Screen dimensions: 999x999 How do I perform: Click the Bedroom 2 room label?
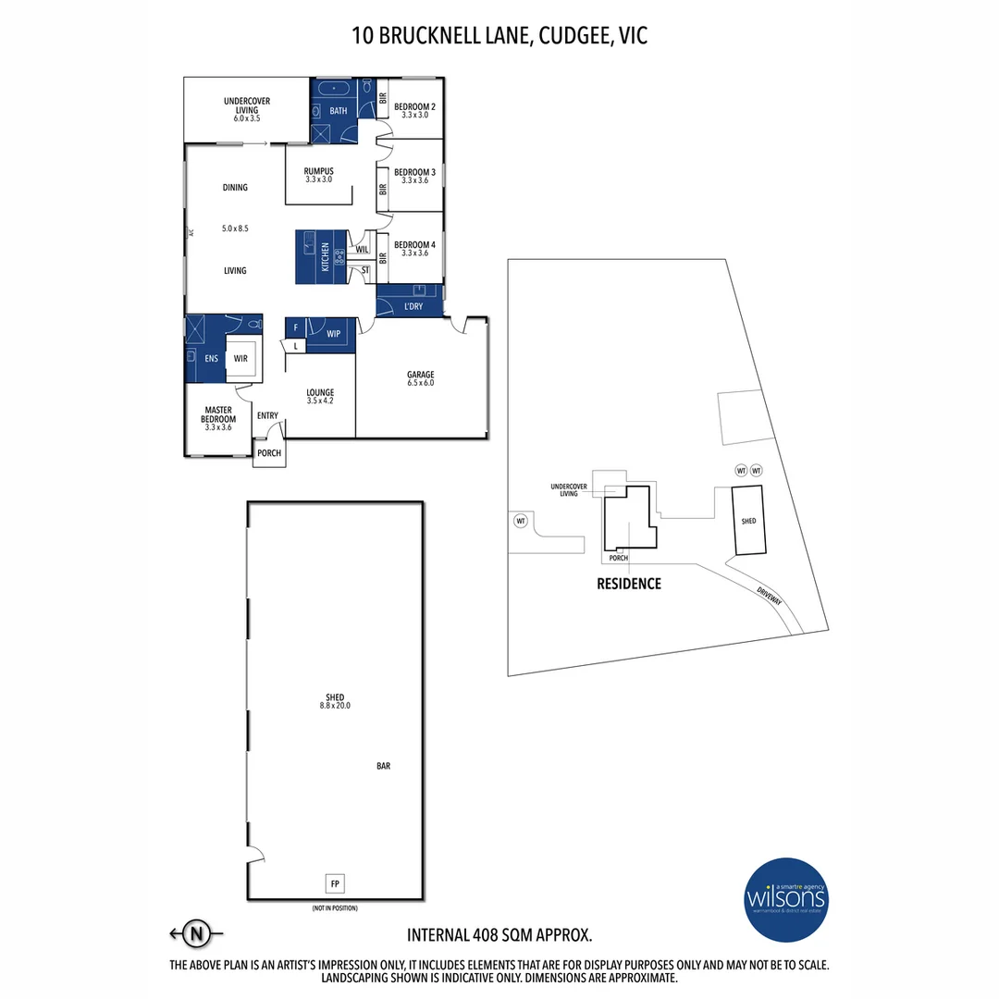414,106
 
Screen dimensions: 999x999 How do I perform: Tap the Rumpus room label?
318,172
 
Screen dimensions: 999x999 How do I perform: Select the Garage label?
420,375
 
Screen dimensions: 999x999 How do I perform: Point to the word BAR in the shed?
384,766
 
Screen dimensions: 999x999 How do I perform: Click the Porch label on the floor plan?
269,453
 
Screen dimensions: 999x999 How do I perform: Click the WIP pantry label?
333,332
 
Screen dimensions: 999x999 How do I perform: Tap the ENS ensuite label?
211,358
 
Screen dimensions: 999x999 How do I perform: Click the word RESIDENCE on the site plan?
629,584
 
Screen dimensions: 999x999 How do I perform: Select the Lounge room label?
320,393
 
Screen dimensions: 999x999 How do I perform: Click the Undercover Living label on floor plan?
240,105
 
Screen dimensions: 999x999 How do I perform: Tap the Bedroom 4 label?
414,246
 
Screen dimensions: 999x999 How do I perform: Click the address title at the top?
499,37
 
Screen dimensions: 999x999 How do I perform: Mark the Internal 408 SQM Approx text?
499,934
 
